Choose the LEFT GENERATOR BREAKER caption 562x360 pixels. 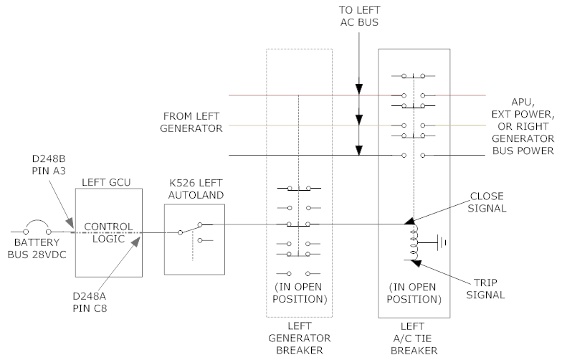pos(299,338)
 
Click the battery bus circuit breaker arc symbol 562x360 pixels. pos(37,225)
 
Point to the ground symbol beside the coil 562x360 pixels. pos(441,242)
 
